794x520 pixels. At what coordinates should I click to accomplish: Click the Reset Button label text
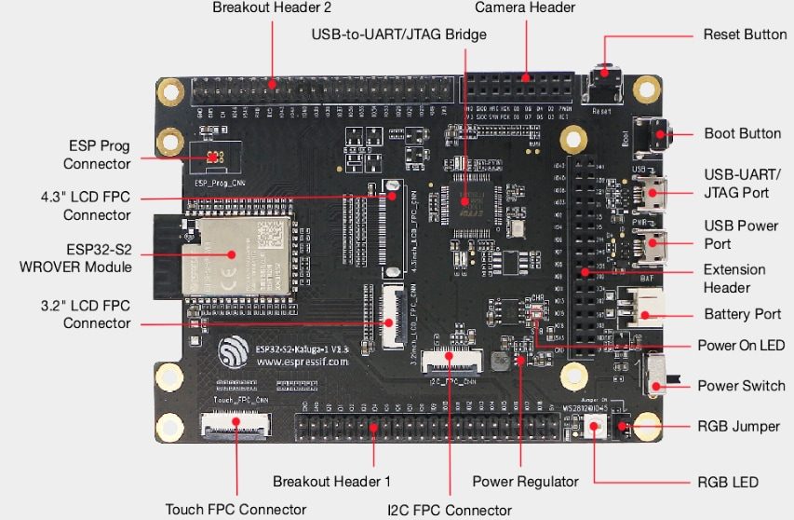(x=744, y=34)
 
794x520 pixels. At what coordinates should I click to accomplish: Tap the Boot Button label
(x=742, y=133)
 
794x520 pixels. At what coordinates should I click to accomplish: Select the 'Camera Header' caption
(x=525, y=7)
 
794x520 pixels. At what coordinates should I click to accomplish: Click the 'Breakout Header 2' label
(x=272, y=7)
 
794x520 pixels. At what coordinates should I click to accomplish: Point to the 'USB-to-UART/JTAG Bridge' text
(x=399, y=34)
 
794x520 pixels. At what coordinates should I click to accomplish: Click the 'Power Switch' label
(x=741, y=386)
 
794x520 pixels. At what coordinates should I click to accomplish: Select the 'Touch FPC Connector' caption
(x=236, y=509)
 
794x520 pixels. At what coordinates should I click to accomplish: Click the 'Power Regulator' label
(x=525, y=482)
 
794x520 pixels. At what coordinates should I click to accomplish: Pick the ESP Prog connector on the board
(x=213, y=157)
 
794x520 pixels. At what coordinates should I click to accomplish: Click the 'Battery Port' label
(x=742, y=314)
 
